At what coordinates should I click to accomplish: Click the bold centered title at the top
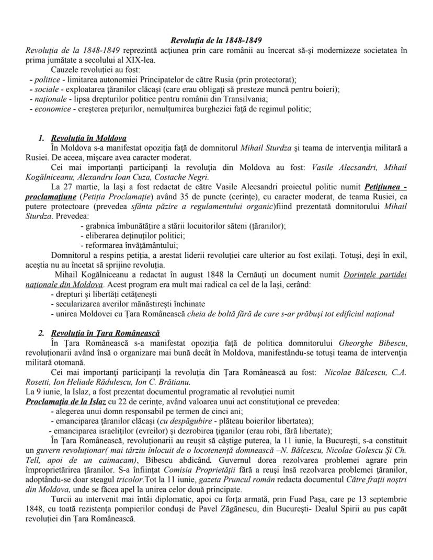216,40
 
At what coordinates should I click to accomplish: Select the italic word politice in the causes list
44,79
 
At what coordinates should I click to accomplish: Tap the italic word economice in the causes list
51,109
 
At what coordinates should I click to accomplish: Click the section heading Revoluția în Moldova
89,139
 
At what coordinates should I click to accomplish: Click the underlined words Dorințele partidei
375,275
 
